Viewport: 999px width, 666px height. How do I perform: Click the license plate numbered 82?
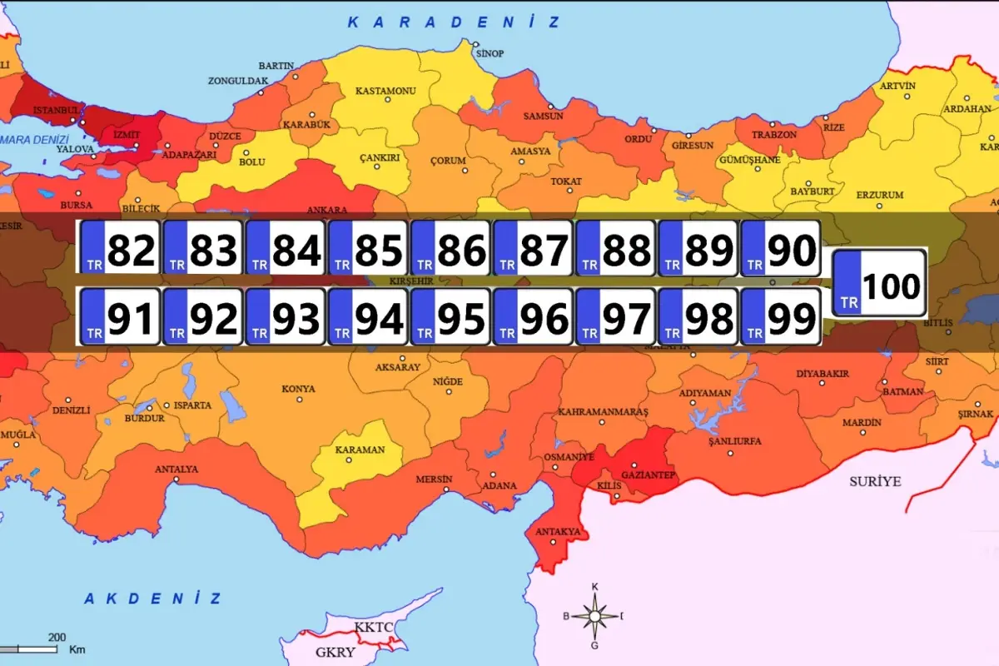tap(120, 248)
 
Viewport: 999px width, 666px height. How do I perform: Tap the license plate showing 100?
tap(879, 283)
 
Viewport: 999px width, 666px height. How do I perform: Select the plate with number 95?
tap(450, 316)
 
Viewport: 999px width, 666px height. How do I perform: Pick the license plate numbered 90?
tap(781, 248)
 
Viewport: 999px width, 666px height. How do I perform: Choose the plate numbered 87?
tap(533, 248)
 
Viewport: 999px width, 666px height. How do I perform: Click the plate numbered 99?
tap(781, 316)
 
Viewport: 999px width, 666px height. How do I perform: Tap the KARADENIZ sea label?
tap(455, 22)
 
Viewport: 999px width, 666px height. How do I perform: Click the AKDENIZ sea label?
tap(153, 598)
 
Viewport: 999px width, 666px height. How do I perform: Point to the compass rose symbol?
tap(594, 616)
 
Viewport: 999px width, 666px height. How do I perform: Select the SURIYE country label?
tap(875, 481)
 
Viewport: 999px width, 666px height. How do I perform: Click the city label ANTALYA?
tap(176, 469)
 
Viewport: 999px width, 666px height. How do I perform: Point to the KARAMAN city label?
tap(360, 450)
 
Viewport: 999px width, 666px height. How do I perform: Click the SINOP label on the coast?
tap(490, 53)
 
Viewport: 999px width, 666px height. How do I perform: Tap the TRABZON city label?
tap(774, 134)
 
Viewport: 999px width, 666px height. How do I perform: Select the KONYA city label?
tap(298, 389)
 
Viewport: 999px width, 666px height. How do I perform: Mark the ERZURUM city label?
tap(880, 195)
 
